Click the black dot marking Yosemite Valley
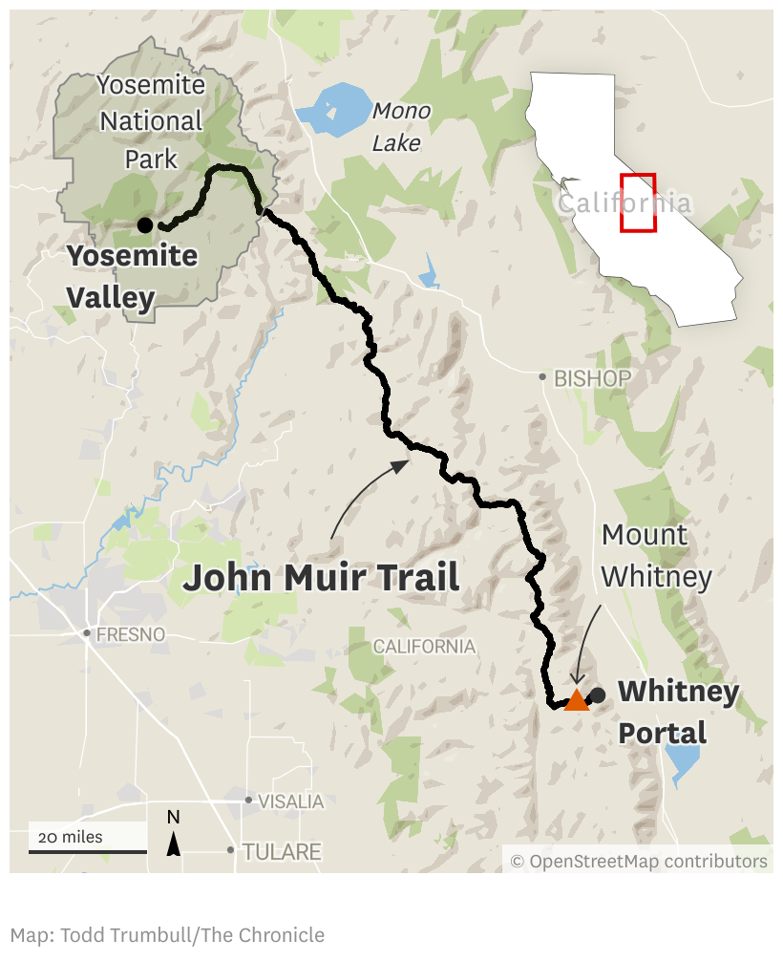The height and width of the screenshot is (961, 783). click(144, 224)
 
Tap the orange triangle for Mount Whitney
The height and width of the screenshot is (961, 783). click(577, 700)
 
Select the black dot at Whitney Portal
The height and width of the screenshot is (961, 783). click(598, 694)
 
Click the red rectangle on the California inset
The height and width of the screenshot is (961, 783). click(638, 203)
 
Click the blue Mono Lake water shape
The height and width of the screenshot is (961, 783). click(334, 106)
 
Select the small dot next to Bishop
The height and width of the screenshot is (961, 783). click(542, 377)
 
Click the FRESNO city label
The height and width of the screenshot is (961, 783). click(130, 634)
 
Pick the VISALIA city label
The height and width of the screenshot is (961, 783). click(291, 801)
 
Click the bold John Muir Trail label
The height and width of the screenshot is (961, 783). click(321, 578)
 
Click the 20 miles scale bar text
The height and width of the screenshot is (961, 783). click(70, 838)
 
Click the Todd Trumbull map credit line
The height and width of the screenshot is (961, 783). click(167, 935)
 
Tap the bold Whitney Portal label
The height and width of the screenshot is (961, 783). click(678, 712)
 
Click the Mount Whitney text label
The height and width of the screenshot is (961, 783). click(657, 555)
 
